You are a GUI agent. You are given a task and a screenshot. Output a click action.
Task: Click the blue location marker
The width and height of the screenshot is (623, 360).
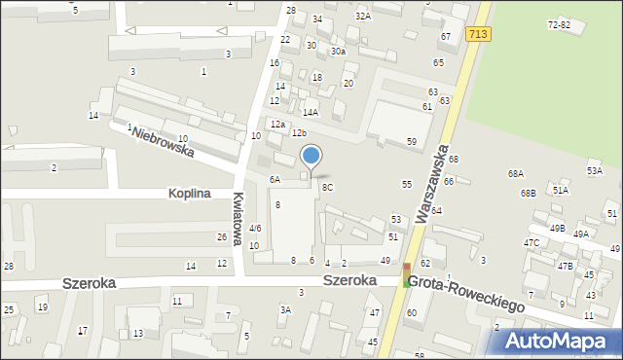[x=311, y=156]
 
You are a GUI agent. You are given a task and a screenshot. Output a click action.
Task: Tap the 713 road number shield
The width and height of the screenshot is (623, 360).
[x=477, y=34]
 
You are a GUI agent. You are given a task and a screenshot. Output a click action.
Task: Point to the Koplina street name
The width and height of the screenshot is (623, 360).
[x=188, y=194]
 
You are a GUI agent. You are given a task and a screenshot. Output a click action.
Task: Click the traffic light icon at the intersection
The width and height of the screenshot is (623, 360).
[x=407, y=274]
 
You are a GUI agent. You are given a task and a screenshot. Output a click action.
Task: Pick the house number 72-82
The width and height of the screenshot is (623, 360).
[x=559, y=24]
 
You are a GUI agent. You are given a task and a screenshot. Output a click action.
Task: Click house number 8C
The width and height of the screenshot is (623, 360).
[x=327, y=187]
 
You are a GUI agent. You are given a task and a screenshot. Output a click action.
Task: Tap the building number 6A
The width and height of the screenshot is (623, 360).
[x=275, y=180]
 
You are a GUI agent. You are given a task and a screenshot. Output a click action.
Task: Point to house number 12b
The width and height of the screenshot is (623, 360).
[x=299, y=132]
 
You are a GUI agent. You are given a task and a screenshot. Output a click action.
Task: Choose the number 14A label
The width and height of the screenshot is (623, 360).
[x=310, y=113]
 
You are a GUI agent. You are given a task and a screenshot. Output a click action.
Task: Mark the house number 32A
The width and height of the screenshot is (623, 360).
[x=362, y=16]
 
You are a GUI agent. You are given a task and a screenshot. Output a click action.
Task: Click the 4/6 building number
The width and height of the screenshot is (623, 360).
[x=255, y=228]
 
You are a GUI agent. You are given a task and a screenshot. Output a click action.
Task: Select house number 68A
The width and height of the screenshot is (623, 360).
[x=515, y=173]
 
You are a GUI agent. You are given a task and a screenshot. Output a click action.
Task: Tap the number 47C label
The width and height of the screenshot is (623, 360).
[x=531, y=242]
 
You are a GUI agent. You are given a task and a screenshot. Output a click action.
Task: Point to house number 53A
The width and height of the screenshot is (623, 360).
[x=594, y=170]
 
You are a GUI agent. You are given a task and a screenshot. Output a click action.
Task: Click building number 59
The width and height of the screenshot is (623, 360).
[x=412, y=142]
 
